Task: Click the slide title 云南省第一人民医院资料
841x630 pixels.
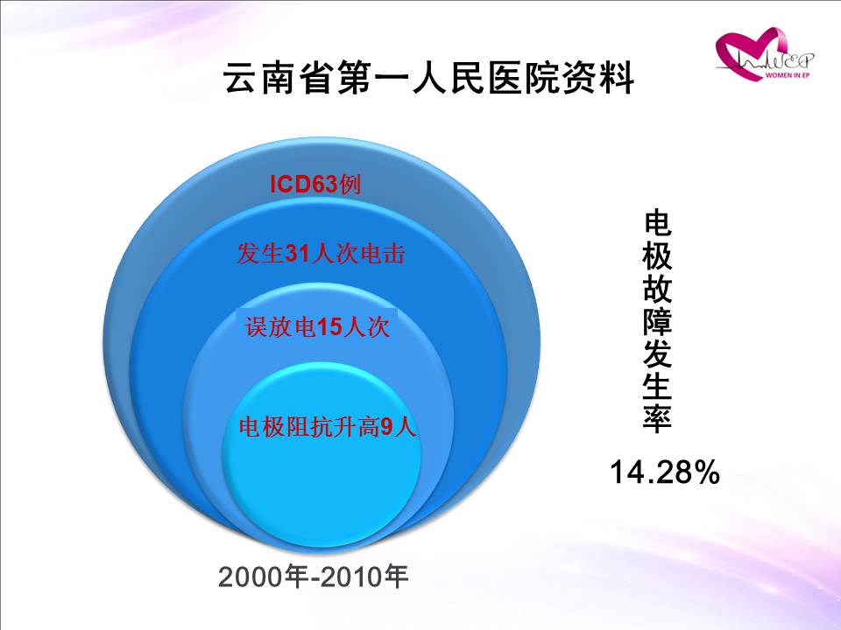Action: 428,79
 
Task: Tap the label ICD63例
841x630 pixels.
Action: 314,185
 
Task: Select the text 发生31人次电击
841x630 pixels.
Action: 321,254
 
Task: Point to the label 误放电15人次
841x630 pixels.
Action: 317,326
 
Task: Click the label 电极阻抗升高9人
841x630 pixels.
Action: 328,427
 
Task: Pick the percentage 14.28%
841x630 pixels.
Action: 665,472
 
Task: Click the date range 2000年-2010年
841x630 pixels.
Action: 314,577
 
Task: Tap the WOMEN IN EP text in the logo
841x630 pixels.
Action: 787,75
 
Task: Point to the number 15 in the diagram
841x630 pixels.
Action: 329,327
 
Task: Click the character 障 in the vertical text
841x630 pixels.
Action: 657,321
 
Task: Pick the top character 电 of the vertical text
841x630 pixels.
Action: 657,223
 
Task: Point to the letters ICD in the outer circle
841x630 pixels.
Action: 291,185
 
